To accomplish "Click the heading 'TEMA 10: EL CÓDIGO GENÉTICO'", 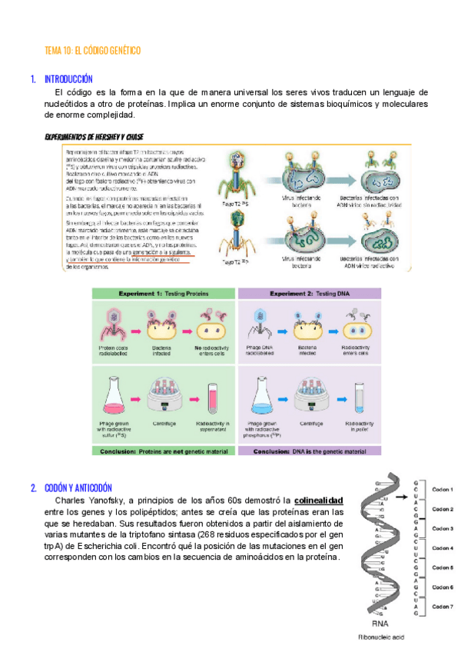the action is click(93, 50).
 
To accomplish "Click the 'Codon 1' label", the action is click(443, 490).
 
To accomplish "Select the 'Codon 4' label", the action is click(443, 548).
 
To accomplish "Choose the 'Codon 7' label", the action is click(443, 607).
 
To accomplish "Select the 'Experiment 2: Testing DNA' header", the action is click(309, 294).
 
